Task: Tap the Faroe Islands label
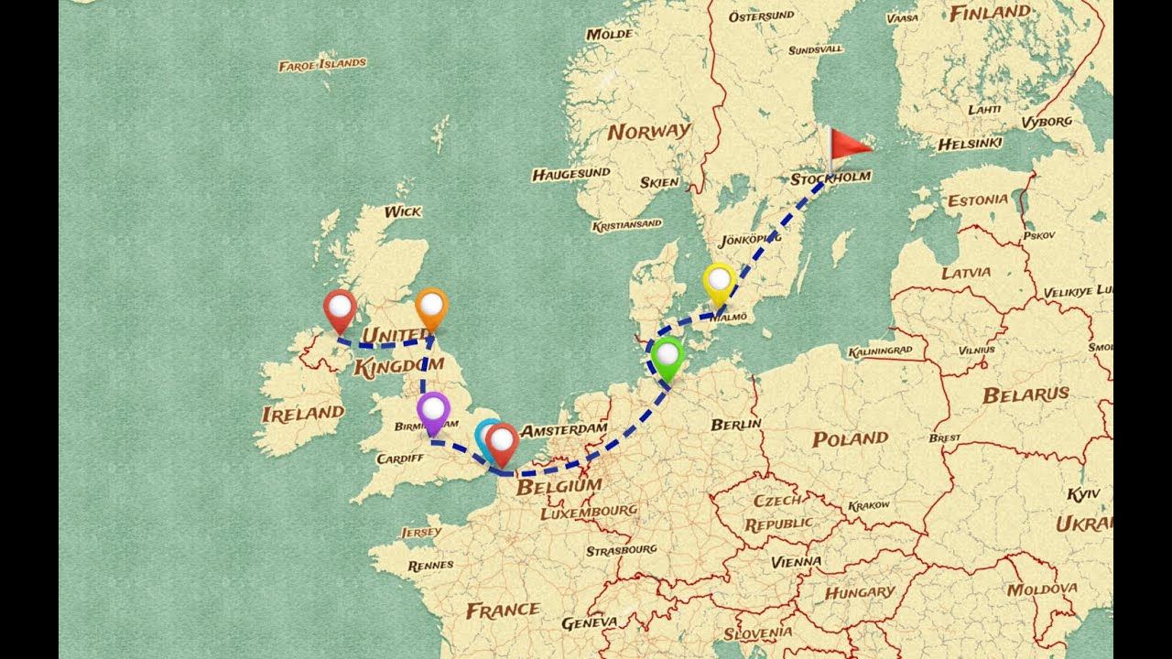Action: [322, 64]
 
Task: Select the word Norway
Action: [649, 131]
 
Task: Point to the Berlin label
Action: [736, 424]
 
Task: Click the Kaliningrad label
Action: [881, 350]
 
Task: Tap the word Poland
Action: [851, 439]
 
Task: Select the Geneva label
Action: [589, 622]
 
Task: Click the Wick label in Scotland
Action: [403, 211]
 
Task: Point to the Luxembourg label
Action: [589, 512]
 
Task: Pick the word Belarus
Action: [1025, 395]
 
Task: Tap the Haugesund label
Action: [570, 173]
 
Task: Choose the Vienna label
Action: [797, 561]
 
